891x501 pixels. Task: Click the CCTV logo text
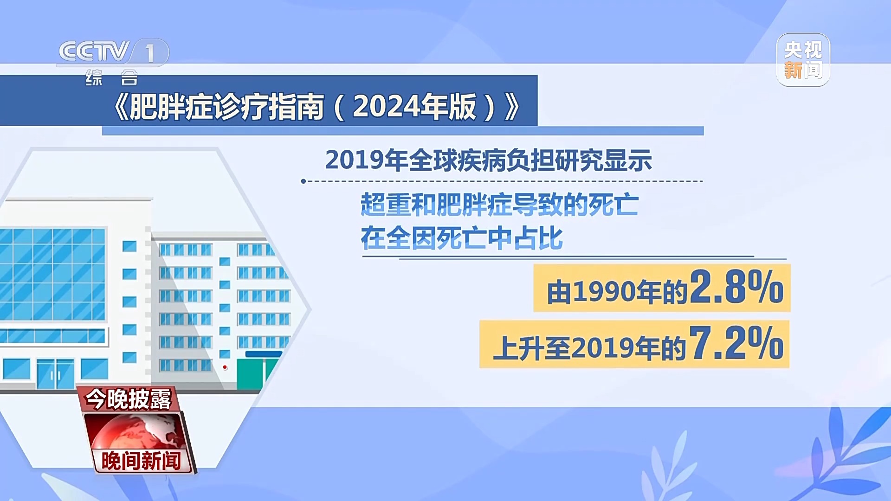(x=94, y=51)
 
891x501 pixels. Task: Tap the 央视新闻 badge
(x=803, y=60)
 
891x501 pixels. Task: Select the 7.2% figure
(x=736, y=343)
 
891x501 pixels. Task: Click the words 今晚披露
(x=128, y=399)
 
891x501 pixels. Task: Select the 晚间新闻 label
(x=141, y=461)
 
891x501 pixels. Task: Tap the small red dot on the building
(x=225, y=367)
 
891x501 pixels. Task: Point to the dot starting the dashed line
(x=303, y=181)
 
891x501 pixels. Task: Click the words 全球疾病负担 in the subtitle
(x=482, y=161)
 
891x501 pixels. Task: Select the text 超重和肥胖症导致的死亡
(x=500, y=205)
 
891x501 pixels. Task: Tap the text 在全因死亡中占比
(x=462, y=238)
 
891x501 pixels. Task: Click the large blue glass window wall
(x=53, y=274)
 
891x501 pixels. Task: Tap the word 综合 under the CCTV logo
(x=112, y=77)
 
